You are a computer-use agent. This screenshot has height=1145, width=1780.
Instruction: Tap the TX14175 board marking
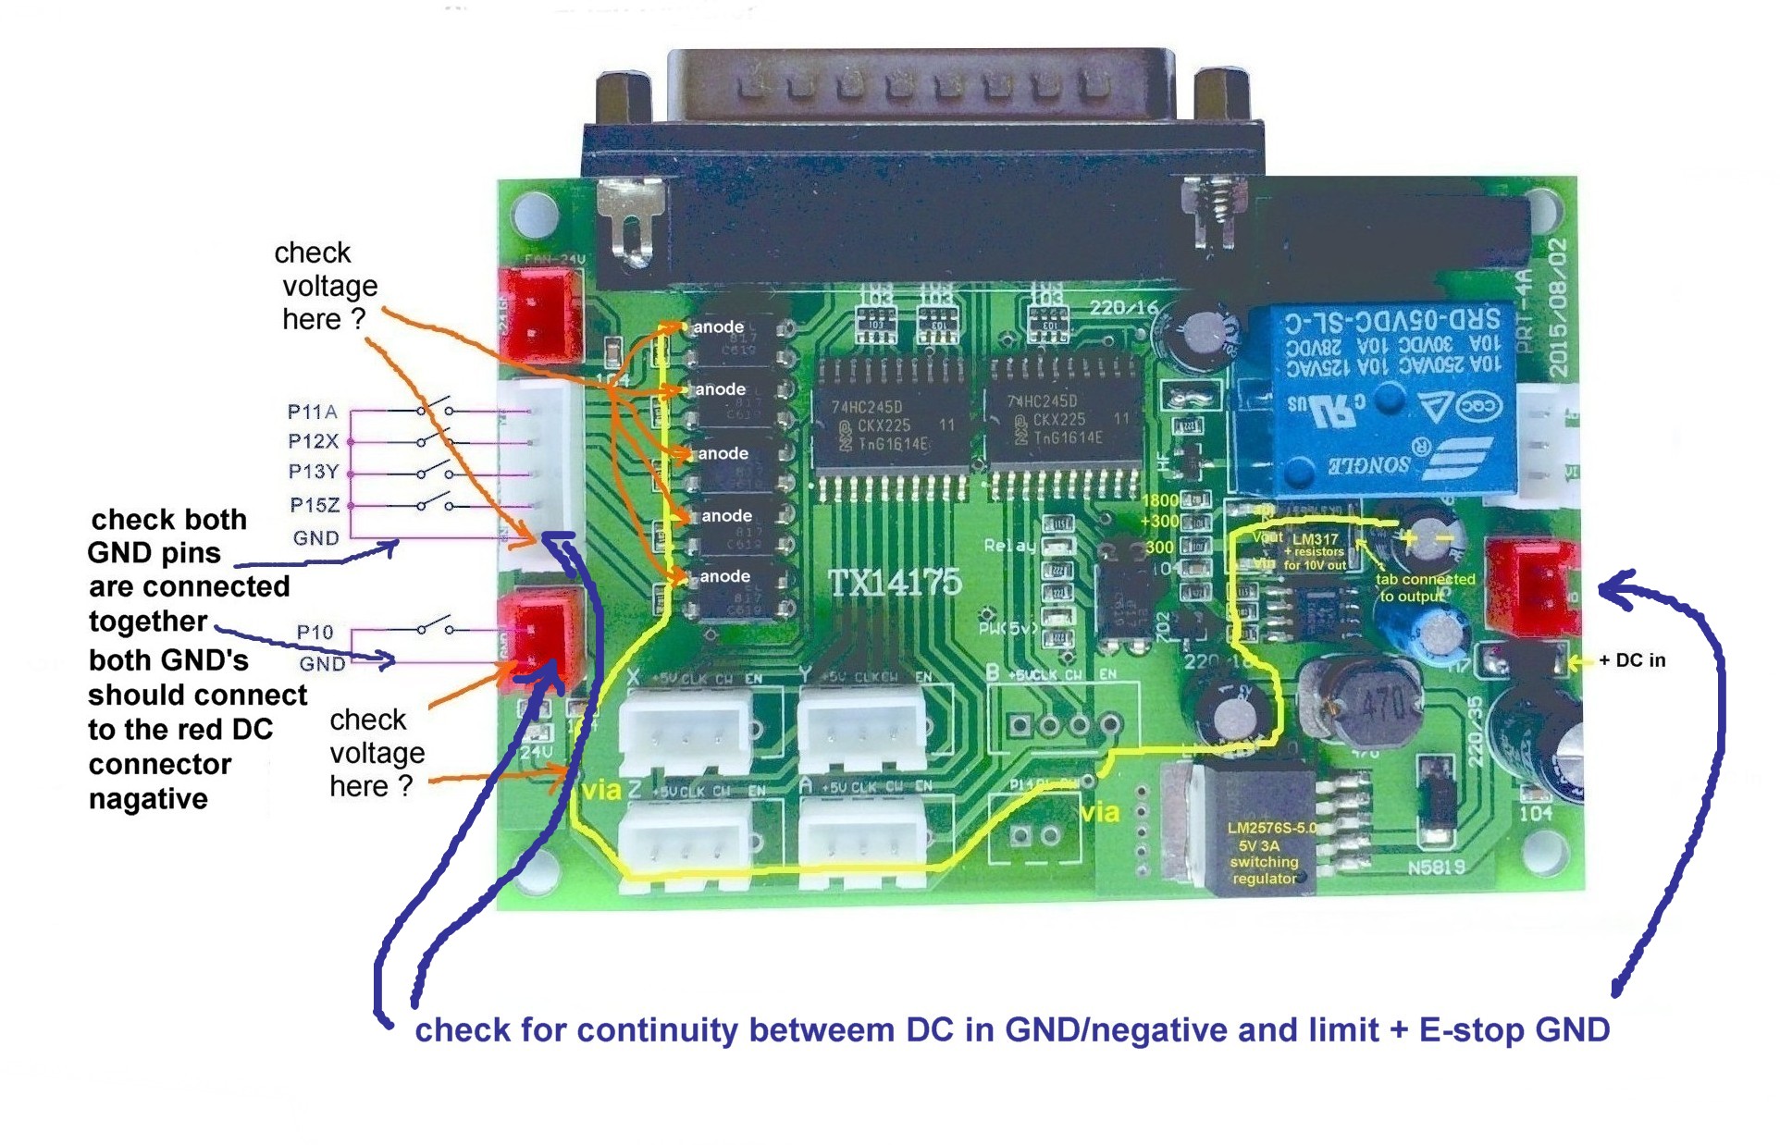coord(894,583)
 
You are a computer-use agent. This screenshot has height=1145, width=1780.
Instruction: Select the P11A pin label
coord(312,412)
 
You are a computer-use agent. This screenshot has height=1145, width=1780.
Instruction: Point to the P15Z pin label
coord(315,505)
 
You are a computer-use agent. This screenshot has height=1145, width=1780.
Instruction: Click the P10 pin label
coord(315,632)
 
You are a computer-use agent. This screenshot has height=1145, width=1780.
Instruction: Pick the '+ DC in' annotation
coord(1632,660)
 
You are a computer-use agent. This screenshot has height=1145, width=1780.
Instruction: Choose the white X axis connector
coord(686,731)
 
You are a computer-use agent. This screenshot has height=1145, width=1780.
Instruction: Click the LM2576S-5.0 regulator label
coord(1271,828)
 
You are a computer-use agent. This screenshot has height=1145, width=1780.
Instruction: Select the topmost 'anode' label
coord(718,326)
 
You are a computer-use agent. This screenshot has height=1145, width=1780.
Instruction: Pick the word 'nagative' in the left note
coord(148,799)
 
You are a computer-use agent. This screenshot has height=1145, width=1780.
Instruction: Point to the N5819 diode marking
coord(1436,867)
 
